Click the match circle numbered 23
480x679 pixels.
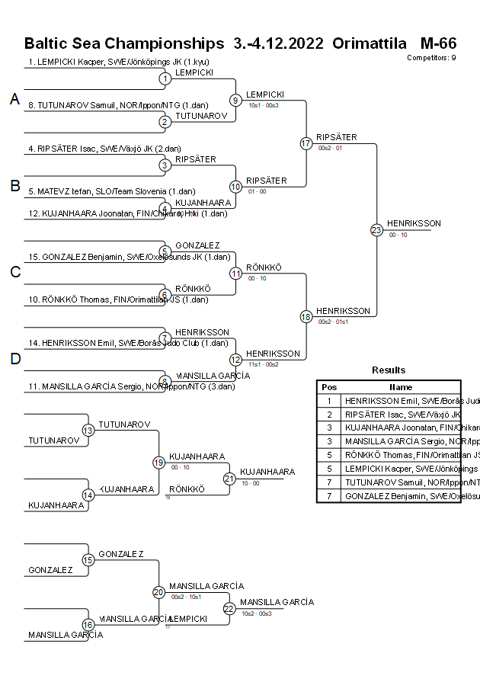pyautogui.click(x=376, y=229)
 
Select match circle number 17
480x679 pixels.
pyautogui.click(x=306, y=143)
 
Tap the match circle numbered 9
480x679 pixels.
pyautogui.click(x=236, y=100)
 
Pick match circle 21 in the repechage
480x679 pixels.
pyautogui.click(x=229, y=479)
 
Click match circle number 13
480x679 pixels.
pyautogui.click(x=88, y=431)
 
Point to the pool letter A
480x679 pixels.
pyautogui.click(x=14, y=99)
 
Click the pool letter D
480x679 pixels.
pyautogui.click(x=14, y=359)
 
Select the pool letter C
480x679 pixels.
pyautogui.click(x=14, y=272)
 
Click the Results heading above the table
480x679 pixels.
pyautogui.click(x=389, y=370)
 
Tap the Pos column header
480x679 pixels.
pyautogui.click(x=329, y=387)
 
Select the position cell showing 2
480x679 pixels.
pyautogui.click(x=329, y=414)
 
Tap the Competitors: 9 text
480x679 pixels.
pyautogui.click(x=431, y=57)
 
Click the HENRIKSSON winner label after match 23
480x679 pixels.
pyautogui.click(x=414, y=223)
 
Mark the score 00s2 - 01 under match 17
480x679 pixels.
pyautogui.click(x=330, y=148)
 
